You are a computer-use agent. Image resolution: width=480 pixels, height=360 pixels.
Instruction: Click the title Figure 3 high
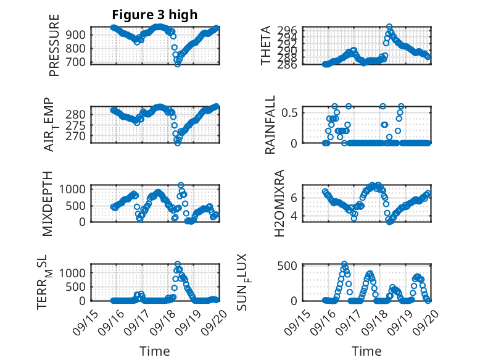pyautogui.click(x=155, y=15)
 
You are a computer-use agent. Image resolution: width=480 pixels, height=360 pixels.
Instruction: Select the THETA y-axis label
pyautogui.click(x=266, y=45)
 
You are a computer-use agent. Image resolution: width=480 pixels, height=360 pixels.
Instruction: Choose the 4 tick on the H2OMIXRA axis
pyautogui.click(x=296, y=216)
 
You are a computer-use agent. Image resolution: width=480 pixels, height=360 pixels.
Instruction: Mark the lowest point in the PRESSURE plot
pyautogui.click(x=178, y=64)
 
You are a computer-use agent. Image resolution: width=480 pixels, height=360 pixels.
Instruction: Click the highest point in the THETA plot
pyautogui.click(x=389, y=27)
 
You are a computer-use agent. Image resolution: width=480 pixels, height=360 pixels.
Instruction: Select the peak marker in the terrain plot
pyautogui.click(x=178, y=264)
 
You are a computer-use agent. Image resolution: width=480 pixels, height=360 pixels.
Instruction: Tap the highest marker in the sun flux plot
pyautogui.click(x=344, y=264)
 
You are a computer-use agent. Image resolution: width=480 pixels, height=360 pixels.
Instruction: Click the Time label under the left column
pyautogui.click(x=155, y=351)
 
